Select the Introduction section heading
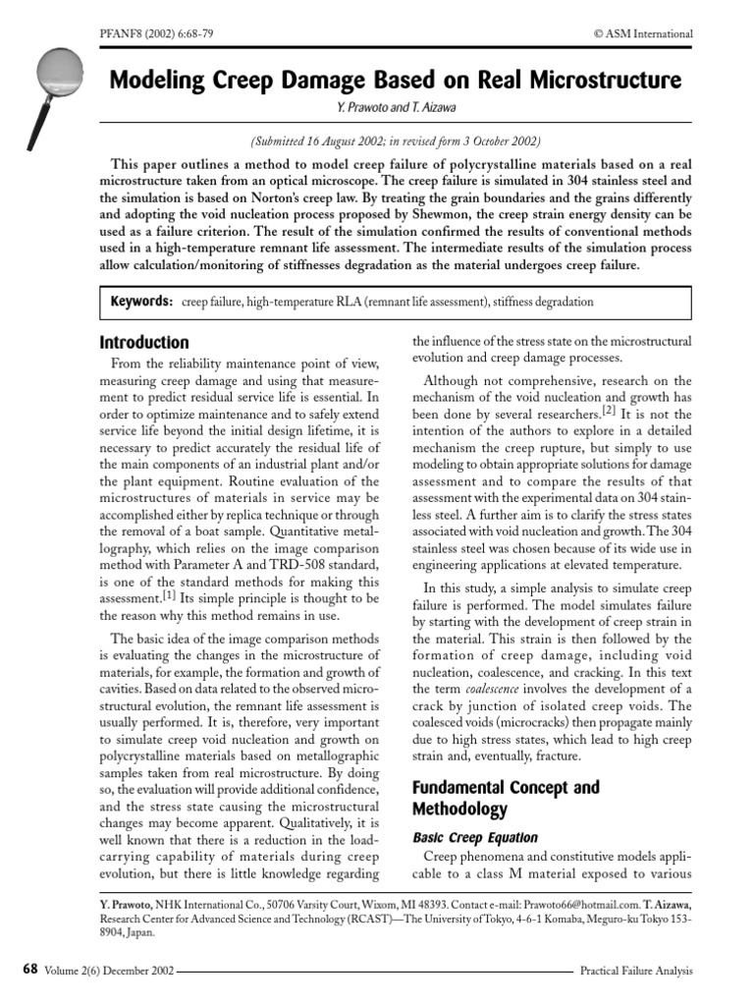point(144,343)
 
